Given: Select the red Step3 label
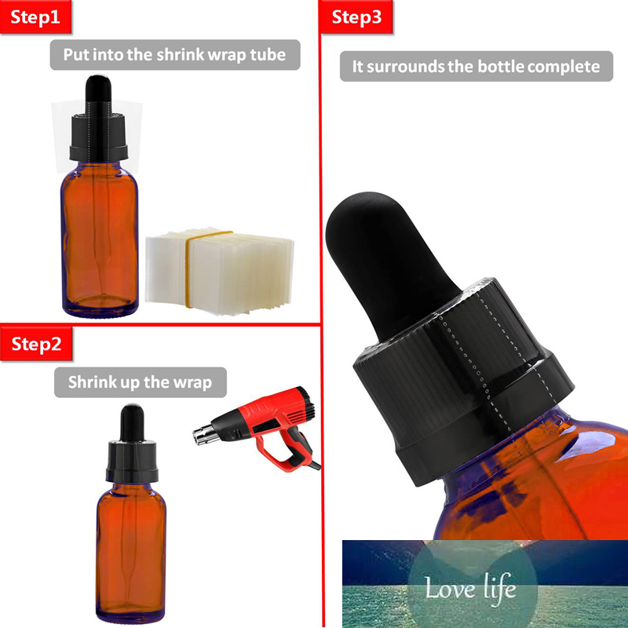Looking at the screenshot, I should pyautogui.click(x=356, y=17).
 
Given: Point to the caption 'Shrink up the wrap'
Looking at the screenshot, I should pyautogui.click(x=140, y=382).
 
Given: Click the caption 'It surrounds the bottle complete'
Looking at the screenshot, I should pyautogui.click(x=476, y=67).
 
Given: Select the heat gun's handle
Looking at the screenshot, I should pyautogui.click(x=290, y=451).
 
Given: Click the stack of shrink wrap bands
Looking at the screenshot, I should pyautogui.click(x=220, y=271).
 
